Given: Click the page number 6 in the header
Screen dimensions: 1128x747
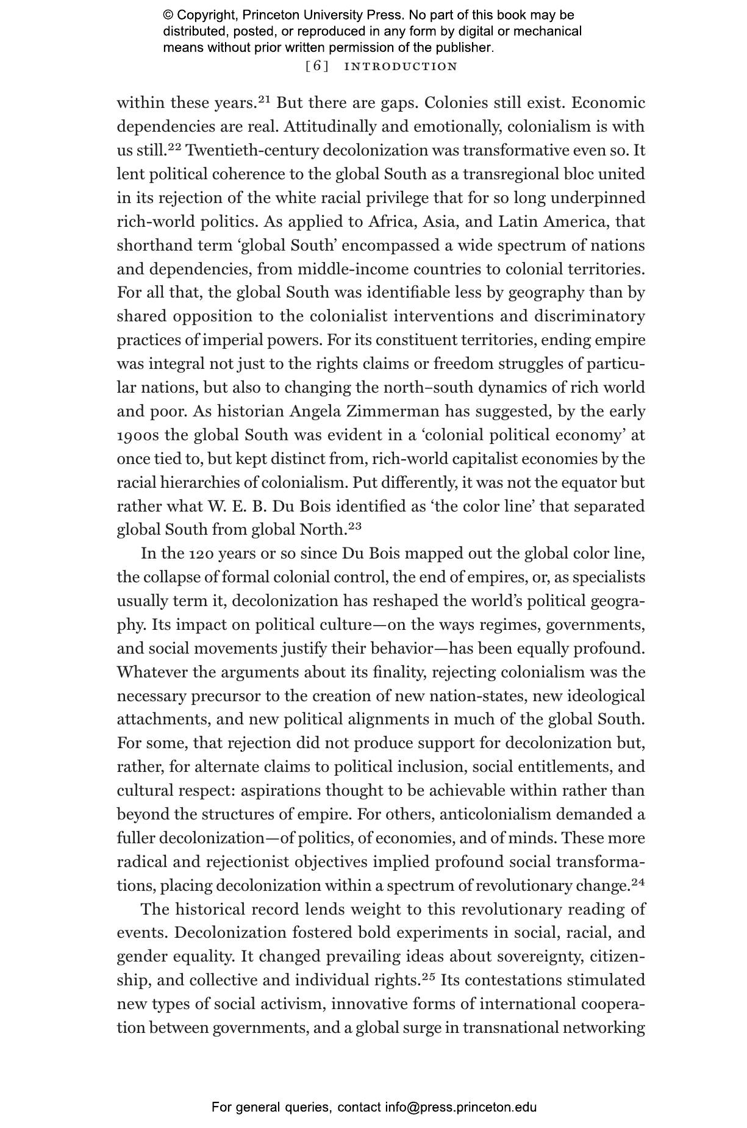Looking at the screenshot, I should (316, 66).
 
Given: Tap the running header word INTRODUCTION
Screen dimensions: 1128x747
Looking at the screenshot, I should (401, 66).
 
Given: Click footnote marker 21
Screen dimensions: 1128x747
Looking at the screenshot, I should (263, 98).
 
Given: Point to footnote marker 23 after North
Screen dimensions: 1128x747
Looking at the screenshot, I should (355, 525).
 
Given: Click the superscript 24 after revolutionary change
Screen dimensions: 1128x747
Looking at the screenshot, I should (638, 881).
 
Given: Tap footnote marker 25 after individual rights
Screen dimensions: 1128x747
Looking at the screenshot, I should (429, 976).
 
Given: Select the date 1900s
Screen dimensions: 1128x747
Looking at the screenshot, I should (138, 435).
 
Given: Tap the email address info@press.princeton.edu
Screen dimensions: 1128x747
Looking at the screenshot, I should (460, 1107).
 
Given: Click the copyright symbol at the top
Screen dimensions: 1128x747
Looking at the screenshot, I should (168, 15).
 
